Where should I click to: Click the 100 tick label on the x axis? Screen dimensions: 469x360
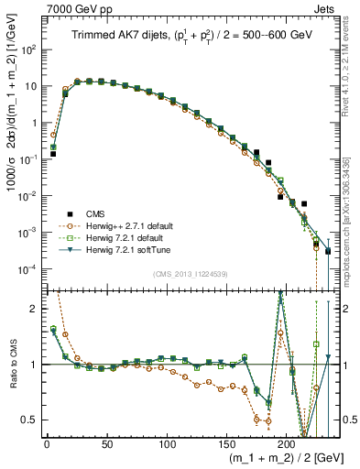click(x=166, y=444)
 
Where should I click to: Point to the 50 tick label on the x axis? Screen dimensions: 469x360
click(x=106, y=444)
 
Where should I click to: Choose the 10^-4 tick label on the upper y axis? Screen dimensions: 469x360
click(x=28, y=268)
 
